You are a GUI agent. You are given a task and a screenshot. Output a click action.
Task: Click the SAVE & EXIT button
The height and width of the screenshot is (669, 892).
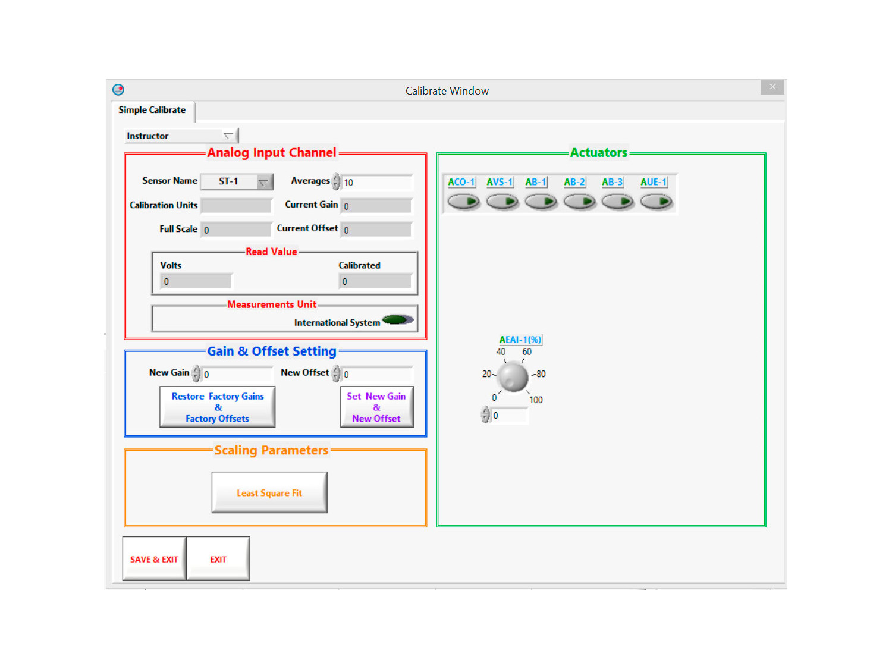tap(153, 558)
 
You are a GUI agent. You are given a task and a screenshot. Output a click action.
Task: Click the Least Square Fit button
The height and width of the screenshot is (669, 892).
tap(269, 492)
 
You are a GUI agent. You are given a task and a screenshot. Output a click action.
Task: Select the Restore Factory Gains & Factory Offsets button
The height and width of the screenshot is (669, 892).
tap(217, 407)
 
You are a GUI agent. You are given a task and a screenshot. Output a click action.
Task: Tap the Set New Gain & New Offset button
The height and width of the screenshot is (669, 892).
tap(376, 407)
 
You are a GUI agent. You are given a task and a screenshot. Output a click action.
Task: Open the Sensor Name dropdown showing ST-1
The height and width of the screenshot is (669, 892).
tap(237, 181)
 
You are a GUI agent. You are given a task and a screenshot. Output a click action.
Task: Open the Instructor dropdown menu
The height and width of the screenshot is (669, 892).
tap(181, 136)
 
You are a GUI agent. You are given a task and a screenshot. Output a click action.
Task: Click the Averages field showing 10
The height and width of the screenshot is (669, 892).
tap(376, 183)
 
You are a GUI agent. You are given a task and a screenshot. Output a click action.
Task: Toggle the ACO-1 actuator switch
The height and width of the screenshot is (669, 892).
tap(463, 201)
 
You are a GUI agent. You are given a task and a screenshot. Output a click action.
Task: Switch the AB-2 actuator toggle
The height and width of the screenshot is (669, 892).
tap(579, 201)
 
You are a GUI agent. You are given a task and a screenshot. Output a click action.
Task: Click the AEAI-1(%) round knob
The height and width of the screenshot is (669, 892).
tap(513, 376)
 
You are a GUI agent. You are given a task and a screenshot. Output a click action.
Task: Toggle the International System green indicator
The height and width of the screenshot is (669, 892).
tap(397, 320)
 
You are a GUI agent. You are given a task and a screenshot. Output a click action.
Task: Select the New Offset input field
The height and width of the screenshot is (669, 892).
tap(376, 373)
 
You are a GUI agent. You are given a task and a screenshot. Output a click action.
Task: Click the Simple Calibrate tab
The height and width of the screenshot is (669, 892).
tap(152, 110)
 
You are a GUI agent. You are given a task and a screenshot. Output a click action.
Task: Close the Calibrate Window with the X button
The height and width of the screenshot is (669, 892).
tap(772, 87)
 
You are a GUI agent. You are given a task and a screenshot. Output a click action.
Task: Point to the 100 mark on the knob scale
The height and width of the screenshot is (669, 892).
tap(536, 400)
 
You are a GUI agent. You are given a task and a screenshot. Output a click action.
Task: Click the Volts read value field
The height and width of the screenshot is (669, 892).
tap(196, 281)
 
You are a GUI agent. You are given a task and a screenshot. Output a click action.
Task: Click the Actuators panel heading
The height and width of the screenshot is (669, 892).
tap(598, 152)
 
